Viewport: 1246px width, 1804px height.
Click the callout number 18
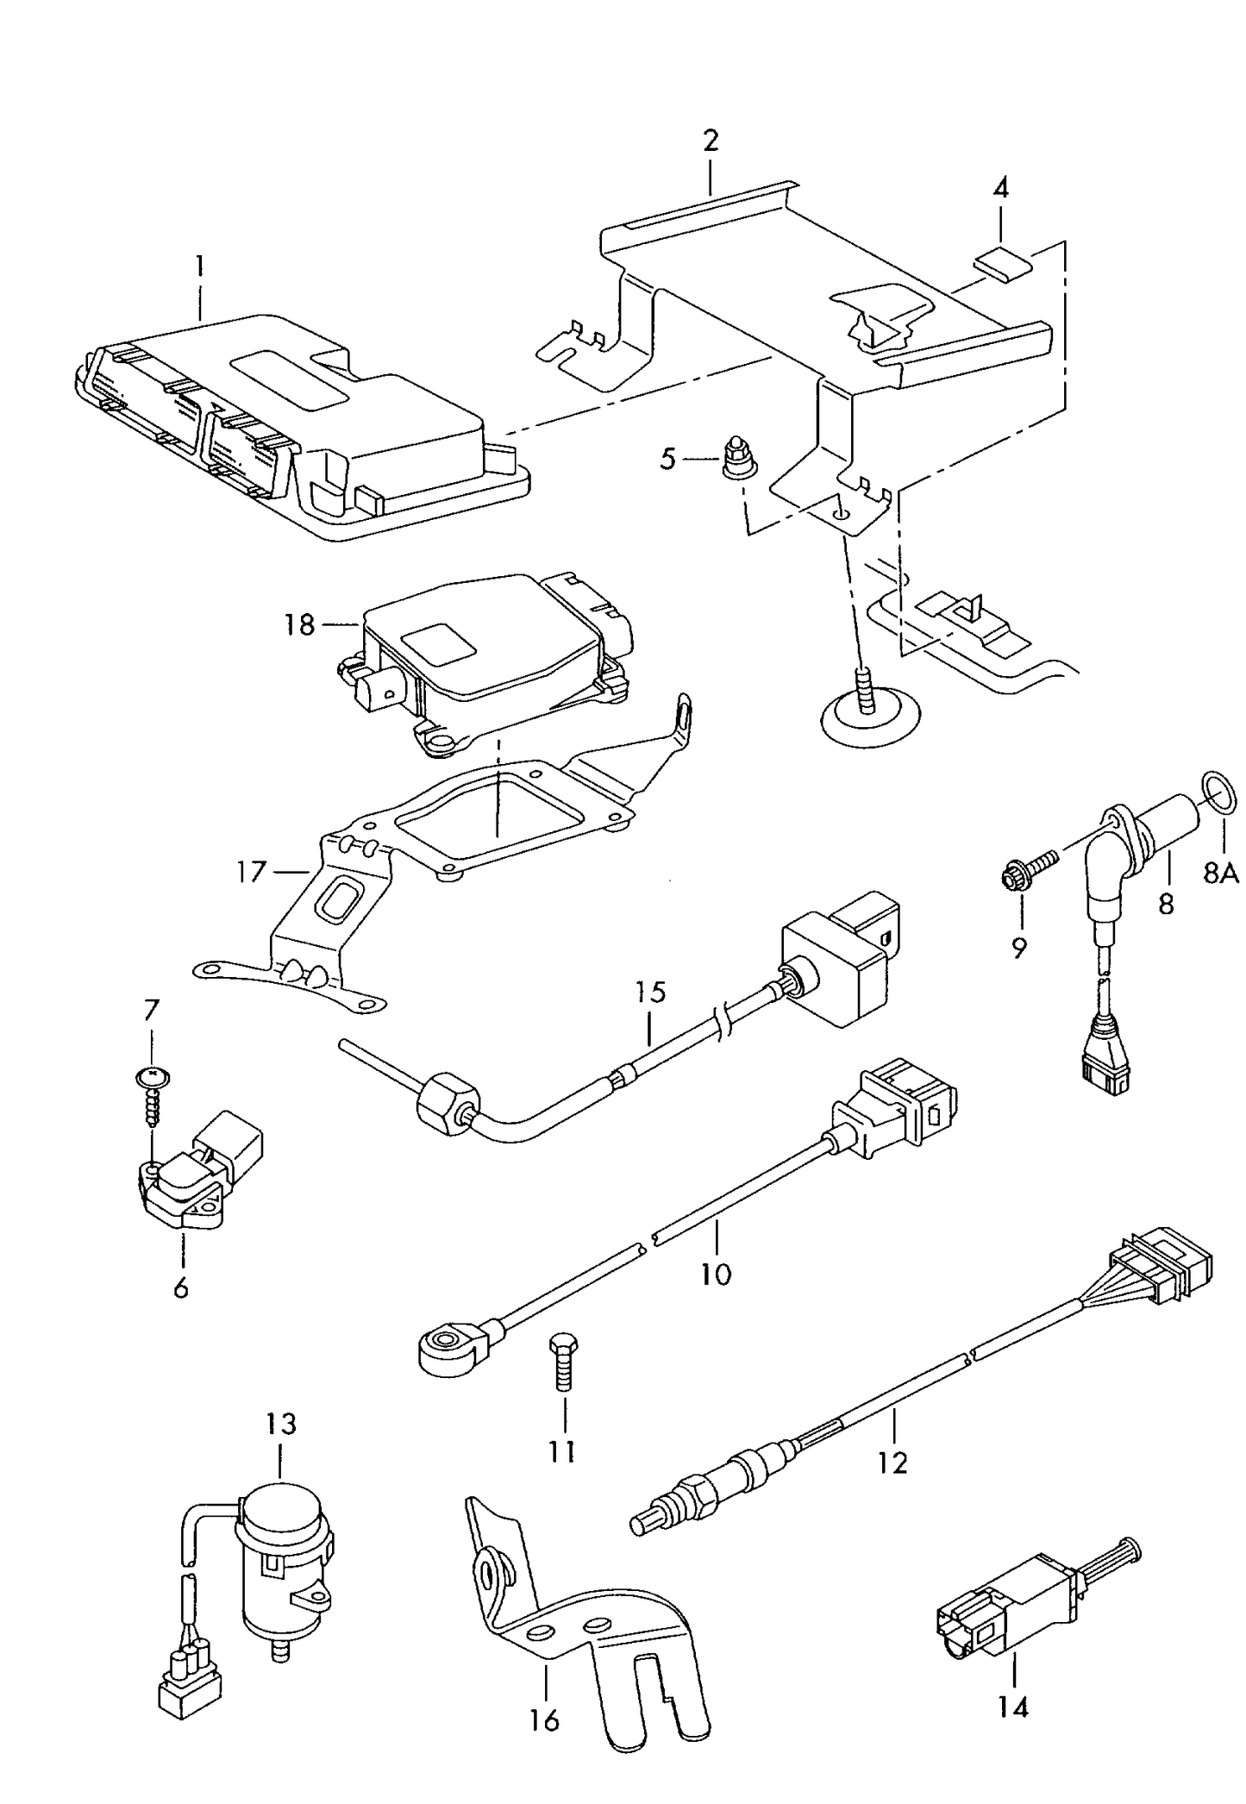pos(299,624)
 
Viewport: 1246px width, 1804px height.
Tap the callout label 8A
pos(1220,874)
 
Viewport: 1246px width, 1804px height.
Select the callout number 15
pos(652,992)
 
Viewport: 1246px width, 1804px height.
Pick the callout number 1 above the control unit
pos(199,265)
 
